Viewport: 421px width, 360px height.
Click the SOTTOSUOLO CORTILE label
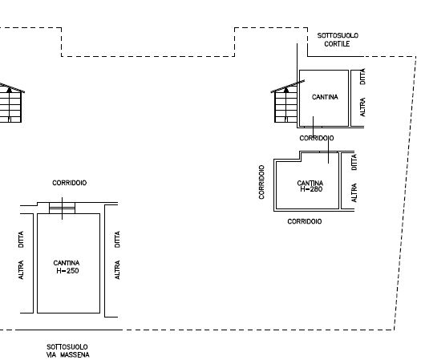[x=338, y=40]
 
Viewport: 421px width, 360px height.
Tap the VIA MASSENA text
[x=67, y=355]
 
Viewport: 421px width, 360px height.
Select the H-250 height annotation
[x=67, y=271]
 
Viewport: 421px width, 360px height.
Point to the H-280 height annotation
[x=311, y=189]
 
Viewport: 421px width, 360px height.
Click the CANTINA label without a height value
[x=325, y=97]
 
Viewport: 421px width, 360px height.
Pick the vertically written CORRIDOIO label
[x=261, y=182]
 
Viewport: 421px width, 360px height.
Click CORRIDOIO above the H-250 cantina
[x=69, y=183]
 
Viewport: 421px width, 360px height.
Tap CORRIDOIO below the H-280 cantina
[x=305, y=221]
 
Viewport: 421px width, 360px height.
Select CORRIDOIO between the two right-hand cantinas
[x=317, y=138]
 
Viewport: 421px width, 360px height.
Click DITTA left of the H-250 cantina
[x=21, y=239]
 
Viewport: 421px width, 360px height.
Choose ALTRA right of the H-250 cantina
[x=117, y=269]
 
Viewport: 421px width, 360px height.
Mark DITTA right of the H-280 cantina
[x=354, y=162]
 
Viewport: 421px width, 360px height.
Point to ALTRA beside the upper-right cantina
[x=362, y=107]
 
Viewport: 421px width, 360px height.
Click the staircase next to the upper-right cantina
[x=286, y=105]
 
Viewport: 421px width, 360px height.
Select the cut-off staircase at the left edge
[x=10, y=103]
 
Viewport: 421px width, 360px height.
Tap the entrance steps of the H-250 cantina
[x=62, y=208]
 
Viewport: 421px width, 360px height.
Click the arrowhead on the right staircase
[x=286, y=90]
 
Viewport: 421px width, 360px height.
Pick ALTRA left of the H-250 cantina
[x=21, y=269]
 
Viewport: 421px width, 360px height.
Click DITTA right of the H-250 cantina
[x=117, y=239]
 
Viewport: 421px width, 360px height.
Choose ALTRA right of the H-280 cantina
[x=354, y=192]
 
